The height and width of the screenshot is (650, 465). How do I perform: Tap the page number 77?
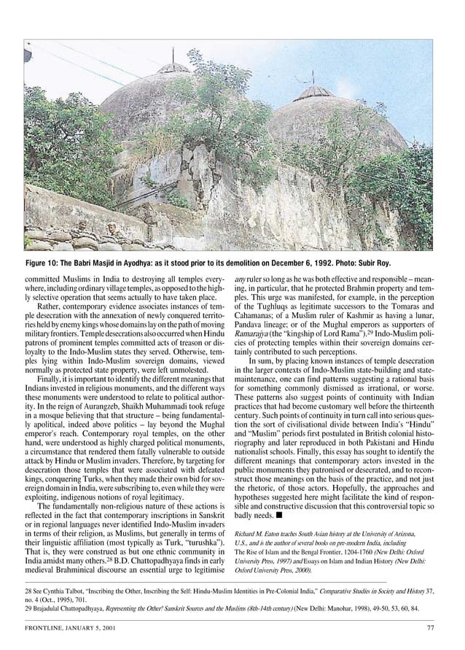point(430,629)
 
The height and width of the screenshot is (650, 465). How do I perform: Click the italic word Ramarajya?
point(252,340)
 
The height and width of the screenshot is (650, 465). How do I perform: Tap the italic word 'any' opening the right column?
point(240,280)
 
